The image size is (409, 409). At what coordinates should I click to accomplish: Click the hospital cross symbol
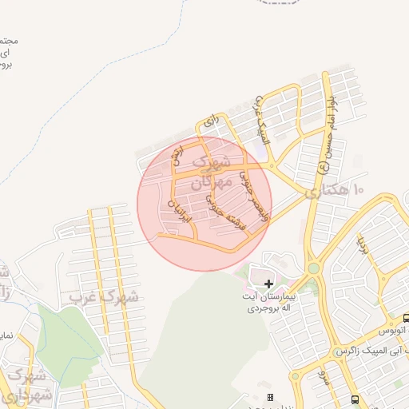click(x=268, y=284)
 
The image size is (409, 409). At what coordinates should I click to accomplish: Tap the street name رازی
click(x=212, y=121)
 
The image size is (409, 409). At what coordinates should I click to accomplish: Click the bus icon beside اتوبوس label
click(x=406, y=318)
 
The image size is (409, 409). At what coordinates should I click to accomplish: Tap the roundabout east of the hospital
click(x=313, y=268)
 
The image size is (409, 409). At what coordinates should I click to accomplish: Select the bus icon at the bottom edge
click(x=354, y=400)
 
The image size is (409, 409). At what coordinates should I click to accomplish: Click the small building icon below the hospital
click(x=270, y=397)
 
